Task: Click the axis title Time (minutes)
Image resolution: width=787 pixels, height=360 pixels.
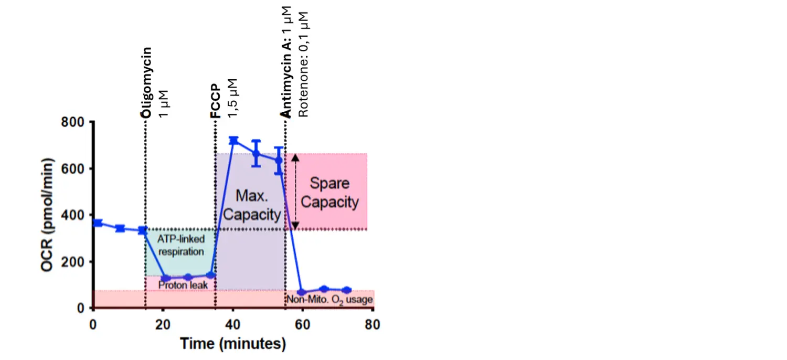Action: (233, 344)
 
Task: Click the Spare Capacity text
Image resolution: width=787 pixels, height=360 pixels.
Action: (329, 193)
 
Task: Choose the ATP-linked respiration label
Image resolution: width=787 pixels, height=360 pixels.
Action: (181, 245)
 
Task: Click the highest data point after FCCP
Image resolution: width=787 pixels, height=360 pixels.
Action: (233, 141)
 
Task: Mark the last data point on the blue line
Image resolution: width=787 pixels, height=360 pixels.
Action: (346, 290)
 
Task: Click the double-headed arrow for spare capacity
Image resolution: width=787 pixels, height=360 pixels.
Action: (295, 192)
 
